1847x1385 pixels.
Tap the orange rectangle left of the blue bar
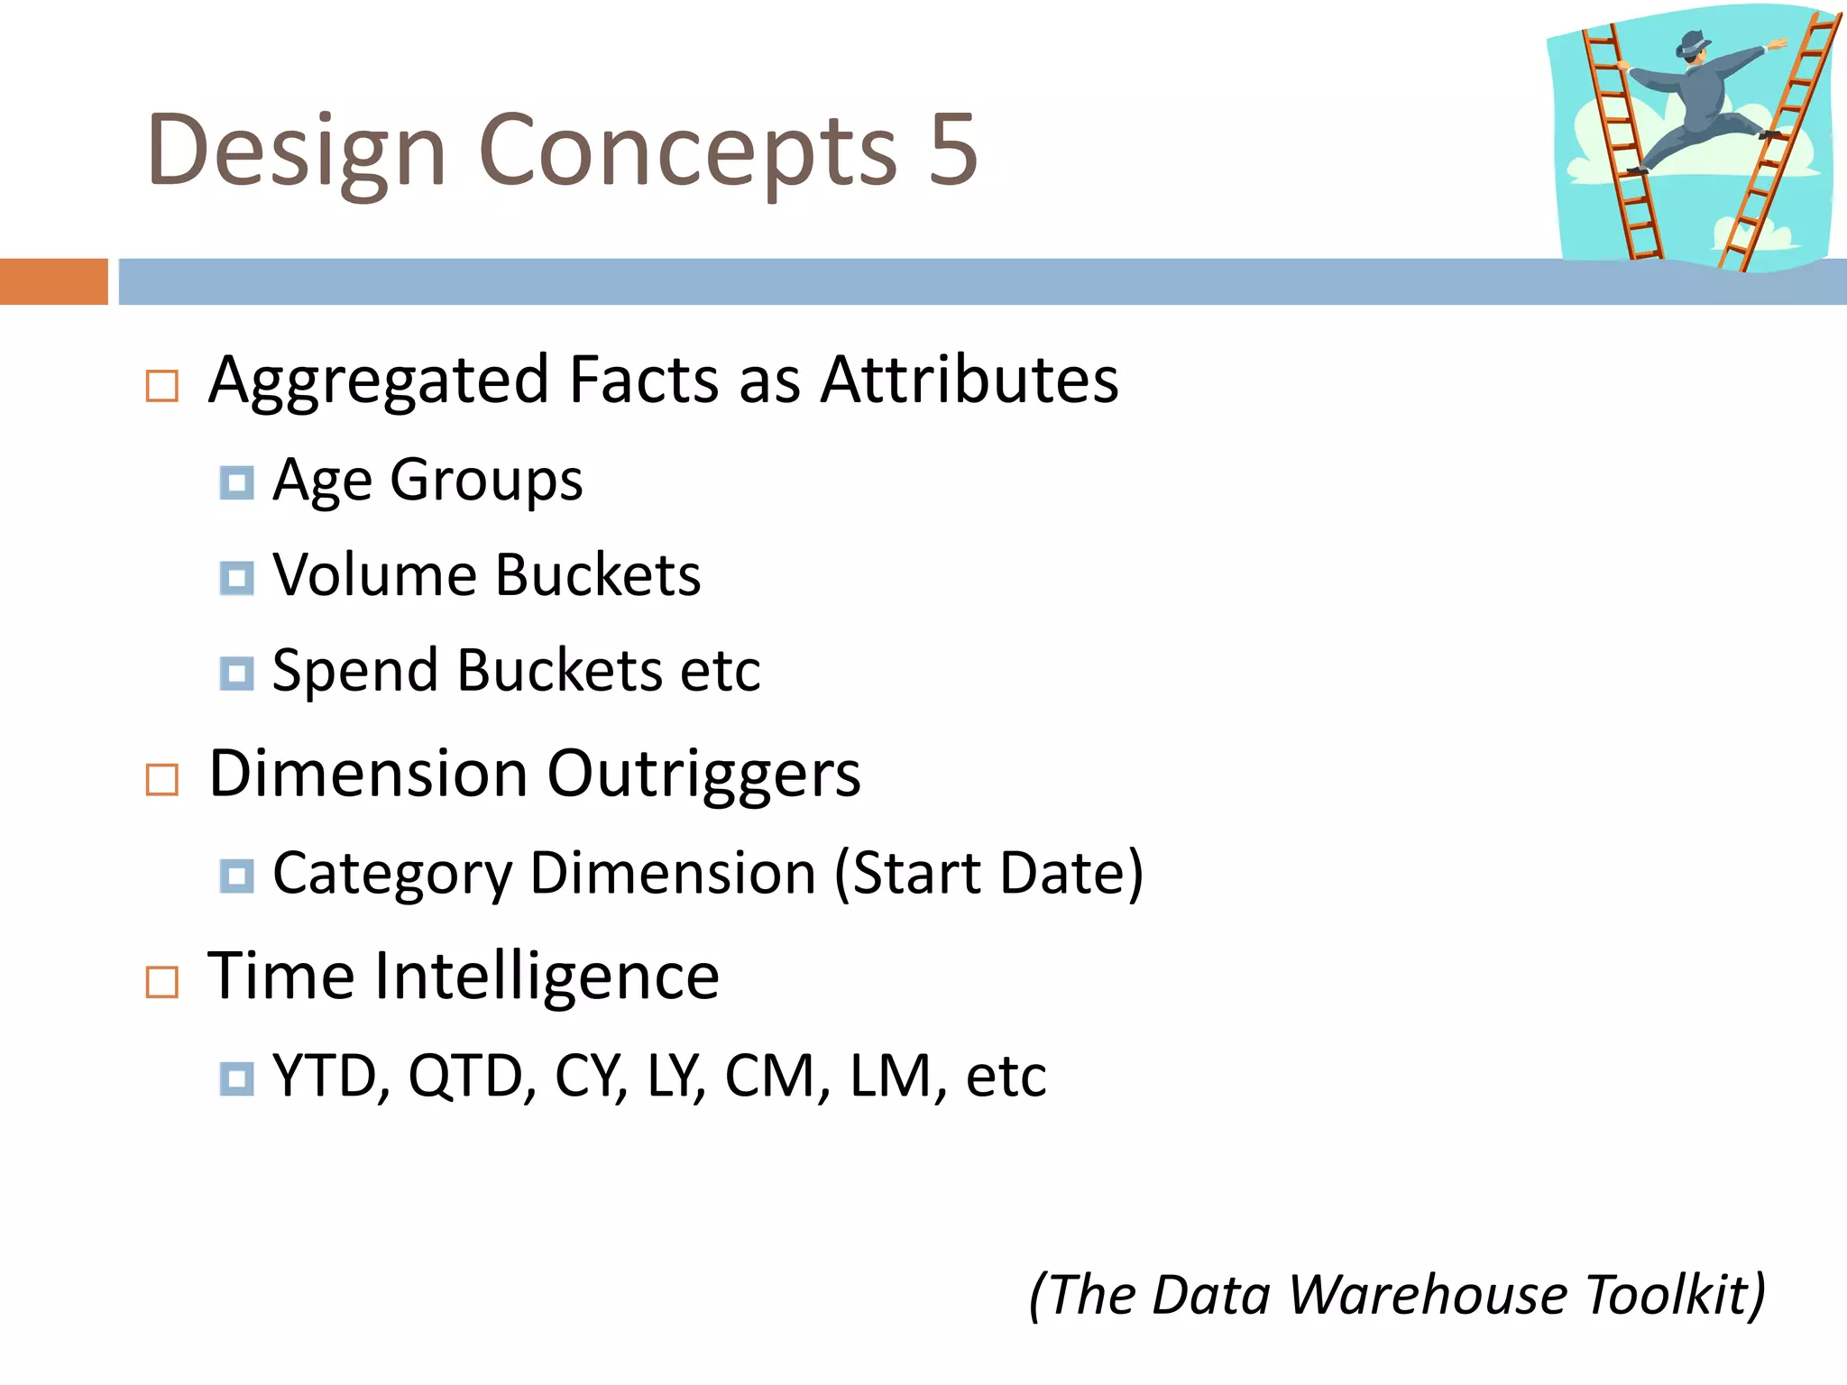pos(53,281)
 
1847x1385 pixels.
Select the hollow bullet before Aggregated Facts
pos(162,386)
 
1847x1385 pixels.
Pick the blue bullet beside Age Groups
pos(236,483)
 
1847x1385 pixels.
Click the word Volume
pos(374,575)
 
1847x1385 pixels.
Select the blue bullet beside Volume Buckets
pos(236,578)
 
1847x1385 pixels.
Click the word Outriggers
pos(703,775)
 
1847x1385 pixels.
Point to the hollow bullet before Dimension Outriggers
pos(162,780)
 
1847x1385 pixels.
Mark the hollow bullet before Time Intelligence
pos(162,982)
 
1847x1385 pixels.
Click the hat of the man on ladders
pos(1692,42)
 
